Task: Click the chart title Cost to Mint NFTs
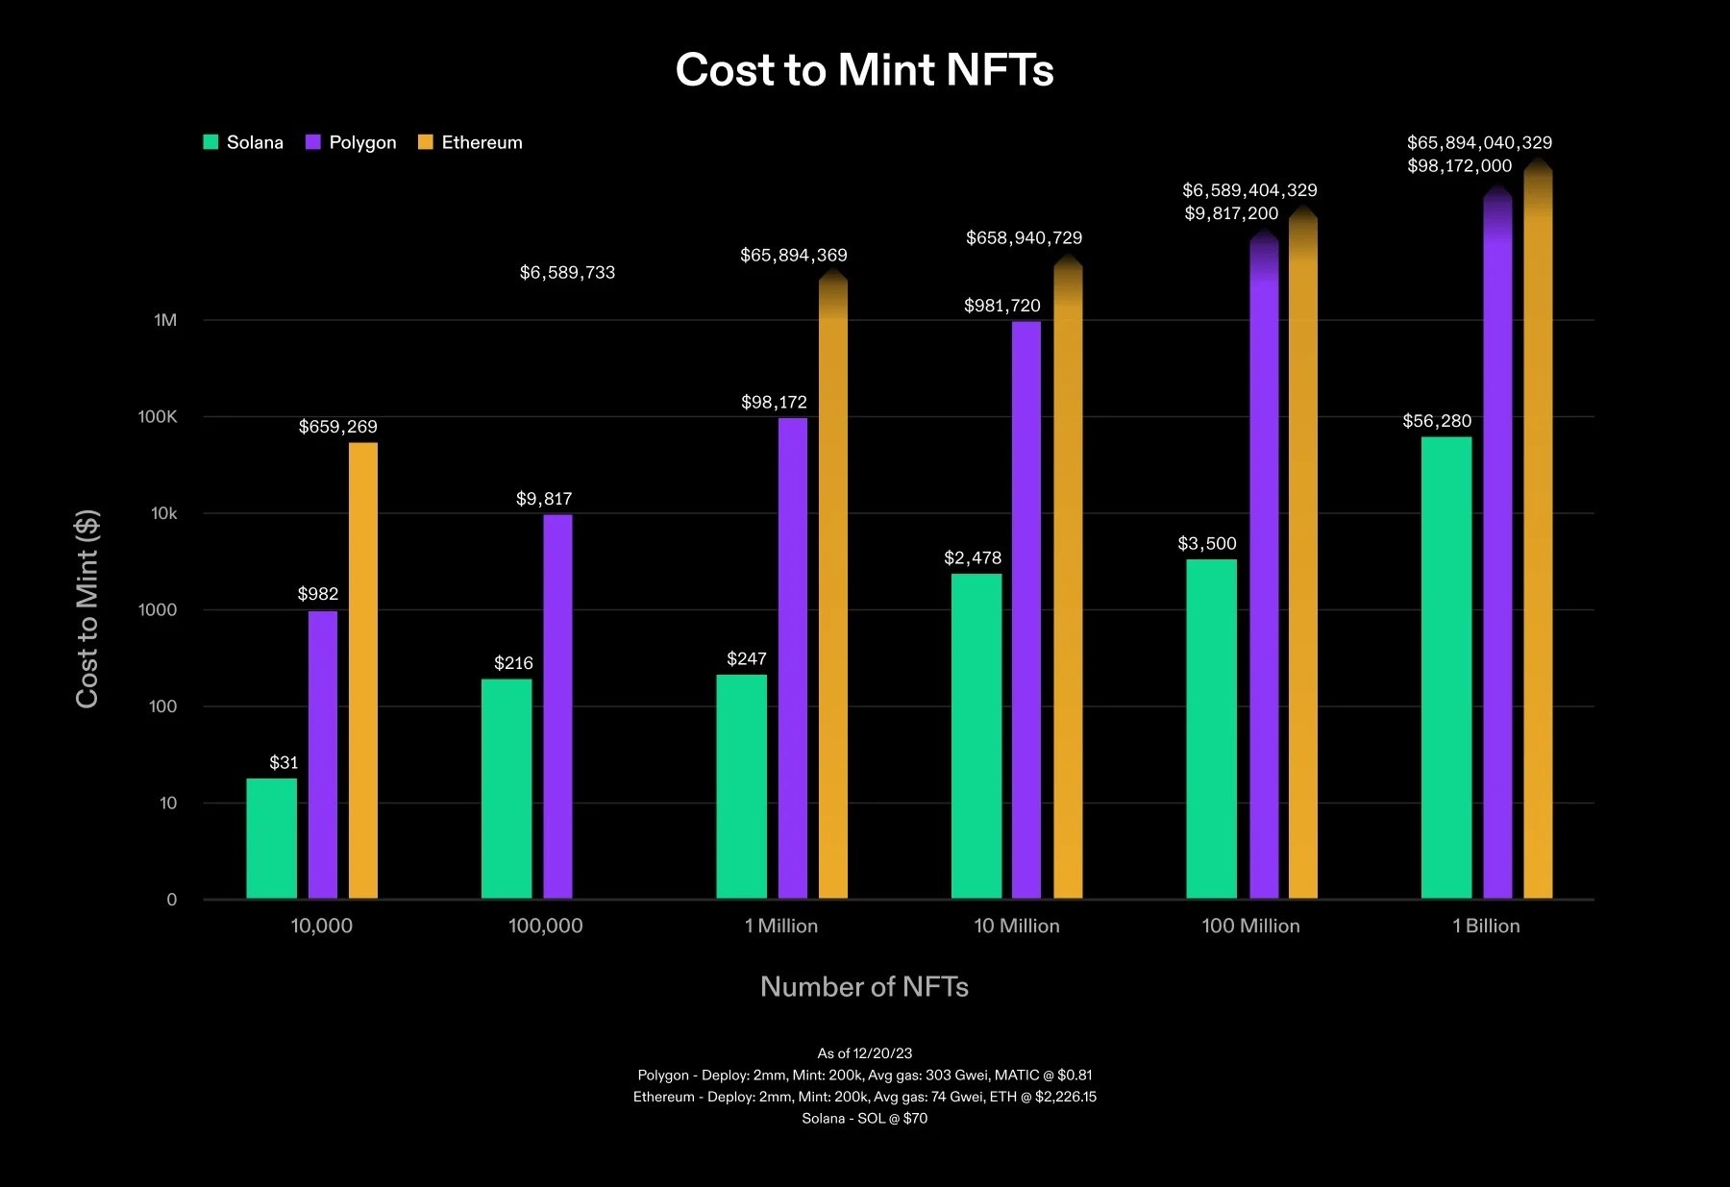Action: [x=864, y=70]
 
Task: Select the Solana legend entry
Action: [x=244, y=142]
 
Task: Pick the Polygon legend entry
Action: [x=352, y=142]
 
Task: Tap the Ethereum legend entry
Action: [x=471, y=142]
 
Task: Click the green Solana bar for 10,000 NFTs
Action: [x=271, y=838]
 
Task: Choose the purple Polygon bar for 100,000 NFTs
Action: [x=557, y=706]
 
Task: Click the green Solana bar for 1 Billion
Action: [x=1446, y=668]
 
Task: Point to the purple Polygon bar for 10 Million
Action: [x=1026, y=610]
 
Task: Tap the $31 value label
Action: [x=284, y=763]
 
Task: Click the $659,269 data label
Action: [x=337, y=427]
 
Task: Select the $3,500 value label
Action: [x=1207, y=544]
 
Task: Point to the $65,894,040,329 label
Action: [x=1479, y=143]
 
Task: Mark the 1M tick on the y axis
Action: [x=165, y=320]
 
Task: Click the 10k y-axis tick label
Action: [x=164, y=514]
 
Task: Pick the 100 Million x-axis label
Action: [x=1250, y=926]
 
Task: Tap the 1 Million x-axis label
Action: [x=781, y=926]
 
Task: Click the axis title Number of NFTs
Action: [x=864, y=987]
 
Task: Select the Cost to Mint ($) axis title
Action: [x=87, y=608]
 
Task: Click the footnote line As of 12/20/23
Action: [x=864, y=1053]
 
